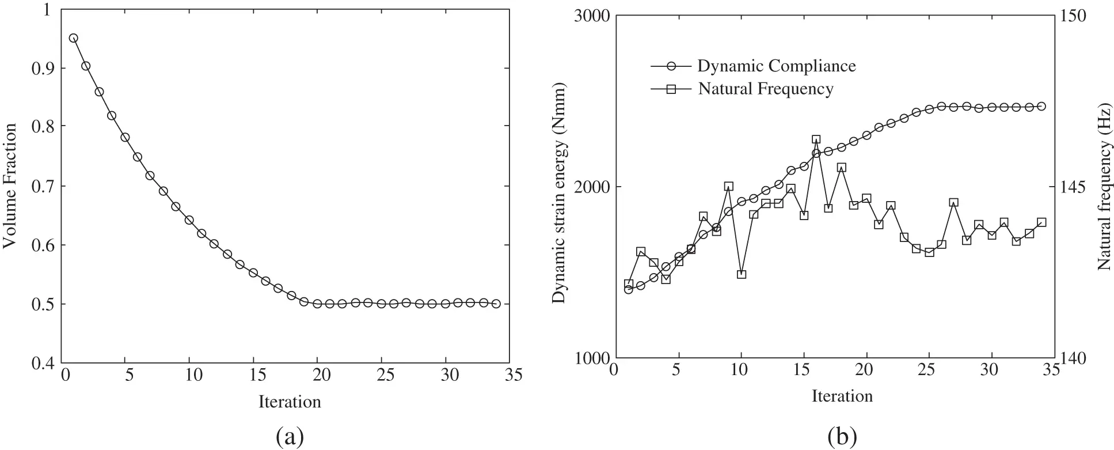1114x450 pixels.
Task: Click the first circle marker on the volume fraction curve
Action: tap(73, 38)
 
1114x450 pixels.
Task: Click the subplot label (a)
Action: tap(290, 437)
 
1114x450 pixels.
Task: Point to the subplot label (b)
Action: tap(842, 437)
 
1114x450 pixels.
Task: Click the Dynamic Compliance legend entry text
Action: tap(776, 66)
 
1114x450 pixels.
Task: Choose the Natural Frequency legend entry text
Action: tap(765, 89)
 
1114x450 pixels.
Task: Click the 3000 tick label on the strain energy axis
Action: tap(592, 16)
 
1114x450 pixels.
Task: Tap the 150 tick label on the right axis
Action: tap(1072, 16)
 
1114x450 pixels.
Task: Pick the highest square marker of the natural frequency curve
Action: tap(816, 139)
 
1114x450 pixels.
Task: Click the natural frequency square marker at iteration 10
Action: tap(742, 274)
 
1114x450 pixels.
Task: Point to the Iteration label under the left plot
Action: tap(290, 402)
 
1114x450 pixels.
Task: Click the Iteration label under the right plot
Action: tap(842, 396)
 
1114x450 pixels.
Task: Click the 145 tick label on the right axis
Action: tap(1072, 187)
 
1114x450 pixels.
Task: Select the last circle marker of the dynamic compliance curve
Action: tap(1041, 106)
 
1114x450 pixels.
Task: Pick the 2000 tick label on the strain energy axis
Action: tap(592, 187)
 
